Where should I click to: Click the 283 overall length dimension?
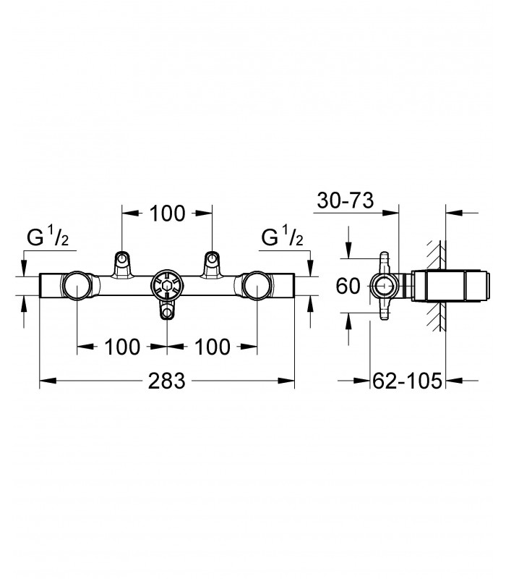(x=166, y=381)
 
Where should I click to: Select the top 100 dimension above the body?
(x=167, y=214)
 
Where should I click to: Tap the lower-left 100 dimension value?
(x=122, y=347)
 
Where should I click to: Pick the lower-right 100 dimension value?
(x=213, y=347)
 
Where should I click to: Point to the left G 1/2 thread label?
(x=48, y=237)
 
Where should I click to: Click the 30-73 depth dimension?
(x=346, y=200)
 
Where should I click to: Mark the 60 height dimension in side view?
(x=348, y=286)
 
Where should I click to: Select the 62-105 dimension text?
(x=407, y=381)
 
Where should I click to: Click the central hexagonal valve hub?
(x=167, y=286)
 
